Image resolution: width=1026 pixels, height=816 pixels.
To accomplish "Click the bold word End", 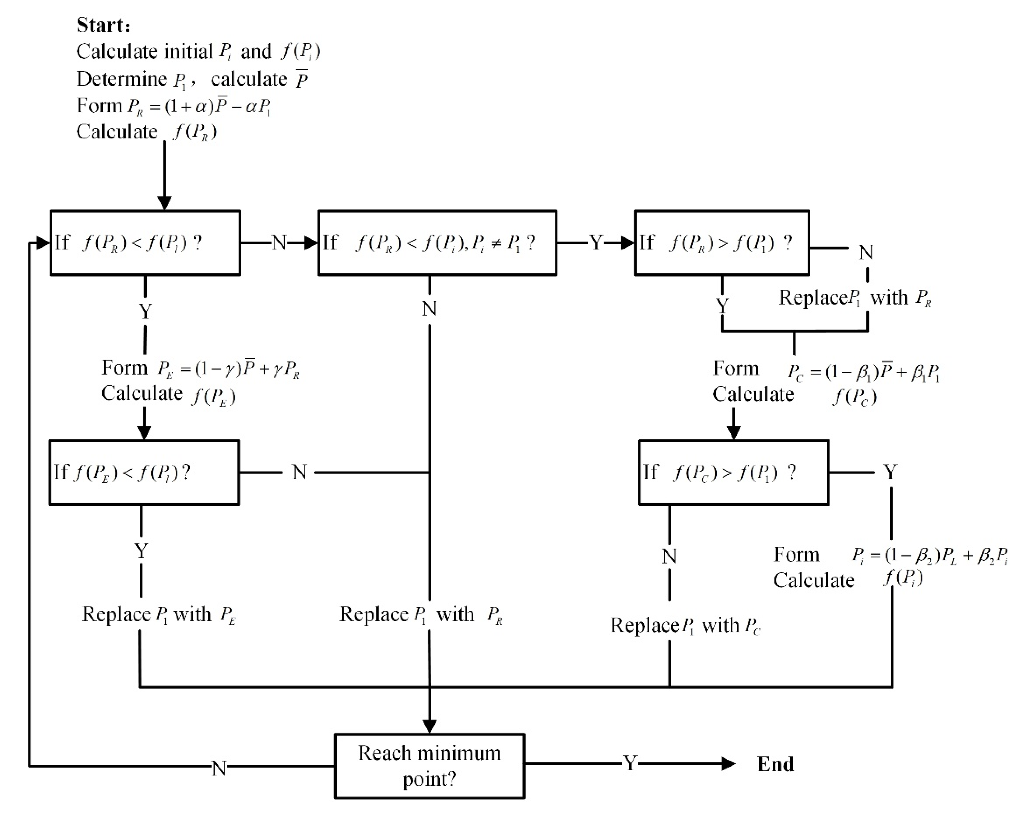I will [x=775, y=764].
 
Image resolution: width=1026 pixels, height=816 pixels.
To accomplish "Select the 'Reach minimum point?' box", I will [x=429, y=765].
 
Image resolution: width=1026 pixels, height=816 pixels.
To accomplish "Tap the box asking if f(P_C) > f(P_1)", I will [x=733, y=472].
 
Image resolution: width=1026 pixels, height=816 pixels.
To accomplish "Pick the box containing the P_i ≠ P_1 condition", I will [x=437, y=243].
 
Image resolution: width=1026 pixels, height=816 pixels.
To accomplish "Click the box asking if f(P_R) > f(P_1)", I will [x=722, y=243].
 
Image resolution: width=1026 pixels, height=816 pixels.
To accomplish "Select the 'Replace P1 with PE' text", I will [x=159, y=614].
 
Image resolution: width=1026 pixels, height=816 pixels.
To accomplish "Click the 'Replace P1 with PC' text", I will [x=685, y=625].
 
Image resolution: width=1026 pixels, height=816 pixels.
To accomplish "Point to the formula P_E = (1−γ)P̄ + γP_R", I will [x=229, y=369].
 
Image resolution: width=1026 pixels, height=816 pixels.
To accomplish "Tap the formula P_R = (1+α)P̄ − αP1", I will [x=199, y=106].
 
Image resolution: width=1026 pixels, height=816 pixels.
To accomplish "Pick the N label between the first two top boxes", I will [x=278, y=243].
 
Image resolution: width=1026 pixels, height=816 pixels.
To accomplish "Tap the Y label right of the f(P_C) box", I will [x=890, y=472].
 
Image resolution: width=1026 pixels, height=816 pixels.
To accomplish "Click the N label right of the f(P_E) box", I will [x=299, y=472].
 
